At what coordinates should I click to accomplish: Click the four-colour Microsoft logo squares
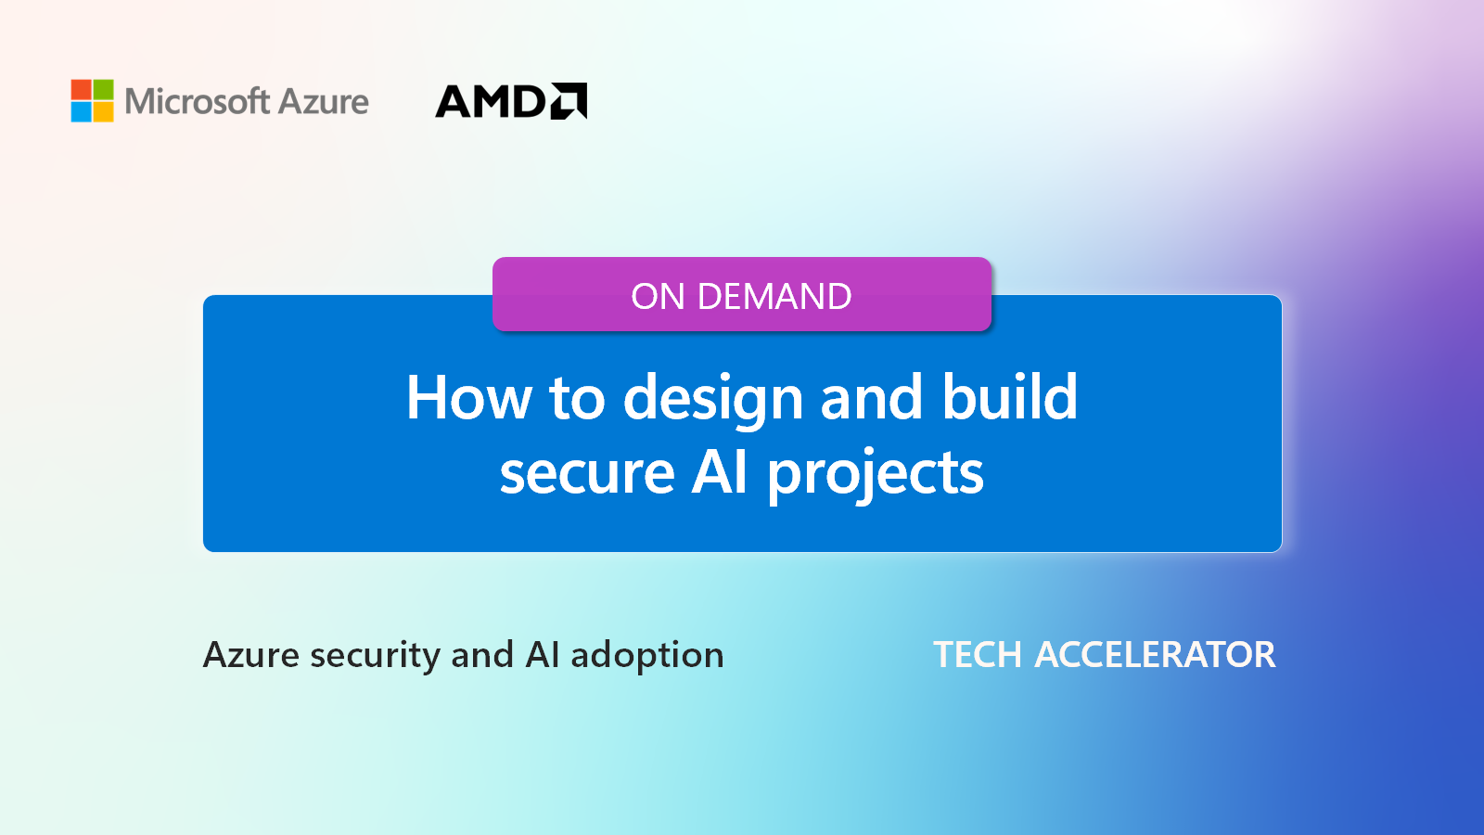click(92, 101)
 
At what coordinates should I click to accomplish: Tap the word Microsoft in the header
click(197, 101)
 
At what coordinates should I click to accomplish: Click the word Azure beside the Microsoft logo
click(323, 102)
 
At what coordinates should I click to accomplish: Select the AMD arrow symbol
click(569, 101)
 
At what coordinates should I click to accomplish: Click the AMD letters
click(491, 101)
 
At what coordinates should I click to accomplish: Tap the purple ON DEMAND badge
click(742, 294)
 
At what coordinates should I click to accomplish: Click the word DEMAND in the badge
click(774, 296)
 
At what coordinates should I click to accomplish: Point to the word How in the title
click(469, 397)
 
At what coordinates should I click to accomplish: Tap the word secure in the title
click(587, 473)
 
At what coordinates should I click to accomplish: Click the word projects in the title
click(876, 477)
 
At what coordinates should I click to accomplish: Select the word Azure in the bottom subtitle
click(251, 655)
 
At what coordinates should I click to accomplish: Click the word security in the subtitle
click(375, 658)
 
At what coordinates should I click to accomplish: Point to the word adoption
click(647, 658)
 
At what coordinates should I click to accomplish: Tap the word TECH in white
click(978, 655)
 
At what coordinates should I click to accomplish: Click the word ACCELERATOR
click(1155, 655)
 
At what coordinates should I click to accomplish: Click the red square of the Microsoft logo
click(81, 89)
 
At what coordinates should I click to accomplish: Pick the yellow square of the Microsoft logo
click(103, 112)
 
